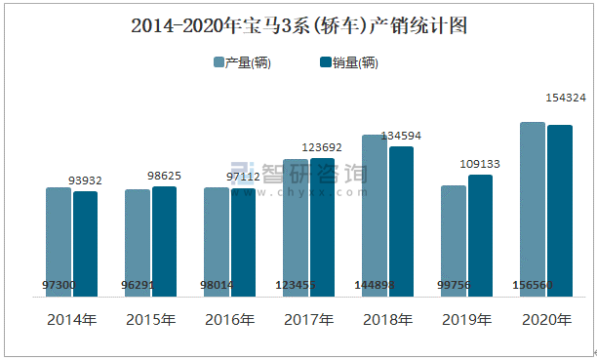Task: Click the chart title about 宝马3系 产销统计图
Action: (x=298, y=26)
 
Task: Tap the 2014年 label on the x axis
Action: (x=71, y=320)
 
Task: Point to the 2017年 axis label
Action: (x=308, y=320)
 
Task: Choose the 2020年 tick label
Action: (x=546, y=320)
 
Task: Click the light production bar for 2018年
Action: (x=375, y=215)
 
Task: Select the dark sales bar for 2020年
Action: (x=559, y=210)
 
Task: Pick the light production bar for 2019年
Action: (x=454, y=240)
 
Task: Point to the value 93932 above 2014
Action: (x=85, y=180)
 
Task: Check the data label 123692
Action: (x=322, y=147)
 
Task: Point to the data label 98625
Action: (x=164, y=176)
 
